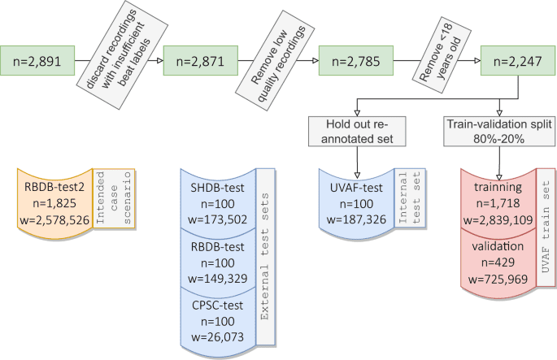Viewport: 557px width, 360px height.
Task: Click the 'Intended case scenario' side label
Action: (115, 194)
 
